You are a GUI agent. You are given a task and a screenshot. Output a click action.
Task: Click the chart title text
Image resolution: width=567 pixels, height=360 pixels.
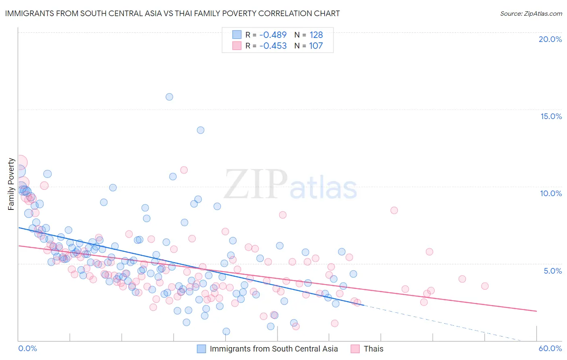pyautogui.click(x=172, y=13)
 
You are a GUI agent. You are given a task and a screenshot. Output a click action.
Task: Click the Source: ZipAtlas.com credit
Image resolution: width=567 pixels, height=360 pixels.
pyautogui.click(x=531, y=13)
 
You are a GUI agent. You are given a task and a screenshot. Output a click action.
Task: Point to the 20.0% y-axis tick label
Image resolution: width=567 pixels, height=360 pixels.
pyautogui.click(x=550, y=39)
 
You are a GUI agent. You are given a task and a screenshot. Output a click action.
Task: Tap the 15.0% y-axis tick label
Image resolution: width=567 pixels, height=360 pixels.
pyautogui.click(x=551, y=116)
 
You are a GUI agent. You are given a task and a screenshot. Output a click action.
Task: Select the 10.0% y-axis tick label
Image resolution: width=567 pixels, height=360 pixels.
pyautogui.click(x=551, y=193)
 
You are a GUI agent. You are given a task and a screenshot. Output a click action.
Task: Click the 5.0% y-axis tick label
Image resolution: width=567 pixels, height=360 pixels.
pyautogui.click(x=552, y=271)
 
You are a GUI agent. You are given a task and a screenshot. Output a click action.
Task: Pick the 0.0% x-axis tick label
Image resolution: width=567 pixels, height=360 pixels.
pyautogui.click(x=27, y=348)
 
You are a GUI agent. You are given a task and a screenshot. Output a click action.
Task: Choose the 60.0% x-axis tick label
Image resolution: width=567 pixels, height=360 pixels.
pyautogui.click(x=550, y=348)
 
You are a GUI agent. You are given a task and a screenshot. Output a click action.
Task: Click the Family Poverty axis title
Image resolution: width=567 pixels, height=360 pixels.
pyautogui.click(x=11, y=184)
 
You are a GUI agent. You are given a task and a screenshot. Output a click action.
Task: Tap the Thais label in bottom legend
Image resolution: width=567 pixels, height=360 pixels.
pyautogui.click(x=373, y=349)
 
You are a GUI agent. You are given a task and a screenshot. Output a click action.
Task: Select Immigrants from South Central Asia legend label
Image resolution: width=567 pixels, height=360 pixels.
pyautogui.click(x=273, y=349)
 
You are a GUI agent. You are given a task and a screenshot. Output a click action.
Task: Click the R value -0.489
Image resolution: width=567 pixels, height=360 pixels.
pyautogui.click(x=273, y=35)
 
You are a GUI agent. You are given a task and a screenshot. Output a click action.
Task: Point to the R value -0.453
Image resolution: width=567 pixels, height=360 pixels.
pyautogui.click(x=273, y=46)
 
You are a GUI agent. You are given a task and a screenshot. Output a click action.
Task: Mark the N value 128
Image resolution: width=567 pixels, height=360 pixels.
pyautogui.click(x=316, y=35)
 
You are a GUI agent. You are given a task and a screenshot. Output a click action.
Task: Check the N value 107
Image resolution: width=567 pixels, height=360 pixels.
pyautogui.click(x=316, y=46)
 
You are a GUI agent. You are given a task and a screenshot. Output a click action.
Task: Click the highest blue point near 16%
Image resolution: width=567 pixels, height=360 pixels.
pyautogui.click(x=169, y=97)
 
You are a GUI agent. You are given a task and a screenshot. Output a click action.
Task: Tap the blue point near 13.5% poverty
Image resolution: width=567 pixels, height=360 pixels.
pyautogui.click(x=200, y=130)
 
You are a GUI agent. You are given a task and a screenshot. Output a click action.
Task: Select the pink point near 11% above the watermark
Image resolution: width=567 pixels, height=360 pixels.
pyautogui.click(x=184, y=170)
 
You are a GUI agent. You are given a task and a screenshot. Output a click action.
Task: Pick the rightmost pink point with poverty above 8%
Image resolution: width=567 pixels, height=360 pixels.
pyautogui.click(x=394, y=210)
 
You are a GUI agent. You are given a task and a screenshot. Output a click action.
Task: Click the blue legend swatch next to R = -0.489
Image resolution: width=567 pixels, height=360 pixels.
pyautogui.click(x=237, y=35)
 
